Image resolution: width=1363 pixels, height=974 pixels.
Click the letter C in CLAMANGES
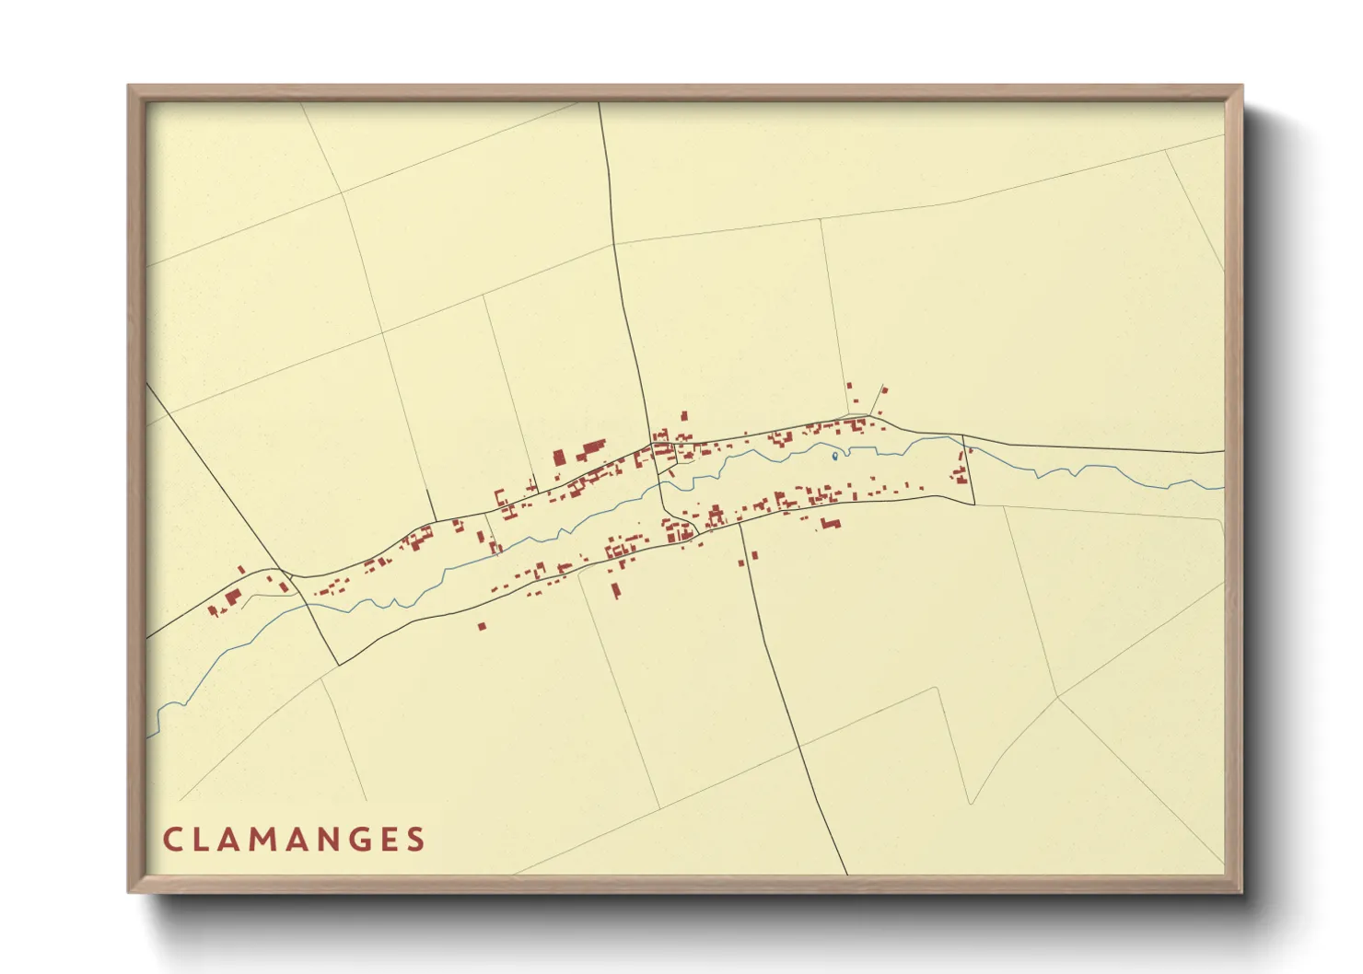click(172, 840)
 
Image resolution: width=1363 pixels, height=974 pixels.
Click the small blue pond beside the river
click(834, 456)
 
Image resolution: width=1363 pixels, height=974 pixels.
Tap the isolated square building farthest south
click(482, 626)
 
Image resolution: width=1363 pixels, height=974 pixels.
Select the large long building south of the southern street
click(832, 524)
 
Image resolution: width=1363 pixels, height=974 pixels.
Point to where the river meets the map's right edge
click(1223, 487)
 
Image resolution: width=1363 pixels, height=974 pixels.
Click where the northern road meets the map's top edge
click(600, 103)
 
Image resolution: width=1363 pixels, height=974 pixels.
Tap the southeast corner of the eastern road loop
click(974, 504)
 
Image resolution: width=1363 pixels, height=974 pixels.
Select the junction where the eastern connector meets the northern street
click(962, 435)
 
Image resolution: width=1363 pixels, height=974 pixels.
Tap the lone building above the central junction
click(683, 415)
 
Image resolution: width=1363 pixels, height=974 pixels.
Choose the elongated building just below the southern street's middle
click(616, 589)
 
